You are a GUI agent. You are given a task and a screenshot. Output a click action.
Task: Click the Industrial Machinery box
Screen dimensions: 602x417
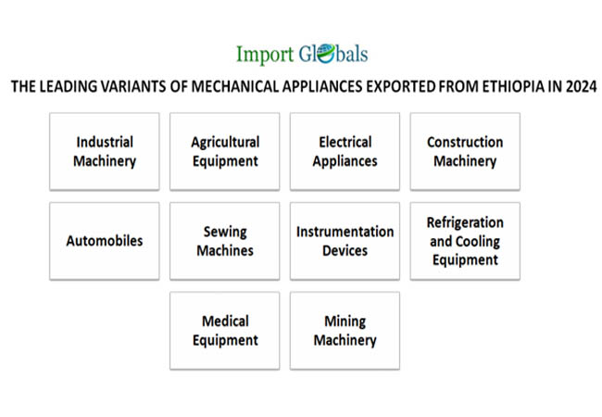[x=105, y=151]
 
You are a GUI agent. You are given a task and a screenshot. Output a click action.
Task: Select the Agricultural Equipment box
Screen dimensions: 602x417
[x=225, y=151]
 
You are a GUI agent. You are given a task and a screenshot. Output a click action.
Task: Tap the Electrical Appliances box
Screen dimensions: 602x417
[x=345, y=151]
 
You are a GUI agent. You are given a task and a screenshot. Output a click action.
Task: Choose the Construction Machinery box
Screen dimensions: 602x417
[x=465, y=151]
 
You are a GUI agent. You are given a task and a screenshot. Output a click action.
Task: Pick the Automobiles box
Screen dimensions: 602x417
[x=105, y=241]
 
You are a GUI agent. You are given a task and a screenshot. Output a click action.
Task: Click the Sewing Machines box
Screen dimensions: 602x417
[x=225, y=241]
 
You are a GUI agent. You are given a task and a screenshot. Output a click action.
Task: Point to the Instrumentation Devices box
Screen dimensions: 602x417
[x=345, y=241]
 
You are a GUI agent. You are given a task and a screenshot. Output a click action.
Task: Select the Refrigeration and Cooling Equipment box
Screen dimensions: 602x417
[x=465, y=241]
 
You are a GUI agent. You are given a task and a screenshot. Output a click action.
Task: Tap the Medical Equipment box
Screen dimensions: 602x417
[x=225, y=331]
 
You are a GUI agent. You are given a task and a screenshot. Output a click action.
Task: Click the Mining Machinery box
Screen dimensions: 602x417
[x=345, y=331]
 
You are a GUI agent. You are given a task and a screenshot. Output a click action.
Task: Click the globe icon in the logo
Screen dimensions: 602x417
[x=326, y=54]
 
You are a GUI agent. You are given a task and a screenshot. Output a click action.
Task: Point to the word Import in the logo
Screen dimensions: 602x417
[x=265, y=55]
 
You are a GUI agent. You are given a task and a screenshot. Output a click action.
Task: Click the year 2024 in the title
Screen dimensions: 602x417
[x=582, y=86]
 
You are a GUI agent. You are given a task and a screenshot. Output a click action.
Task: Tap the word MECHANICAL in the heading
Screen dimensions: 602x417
[x=235, y=86]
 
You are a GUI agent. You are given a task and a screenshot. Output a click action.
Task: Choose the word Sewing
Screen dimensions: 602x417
[x=225, y=232]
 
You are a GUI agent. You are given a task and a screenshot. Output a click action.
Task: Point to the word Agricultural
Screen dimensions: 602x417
[x=225, y=143]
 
